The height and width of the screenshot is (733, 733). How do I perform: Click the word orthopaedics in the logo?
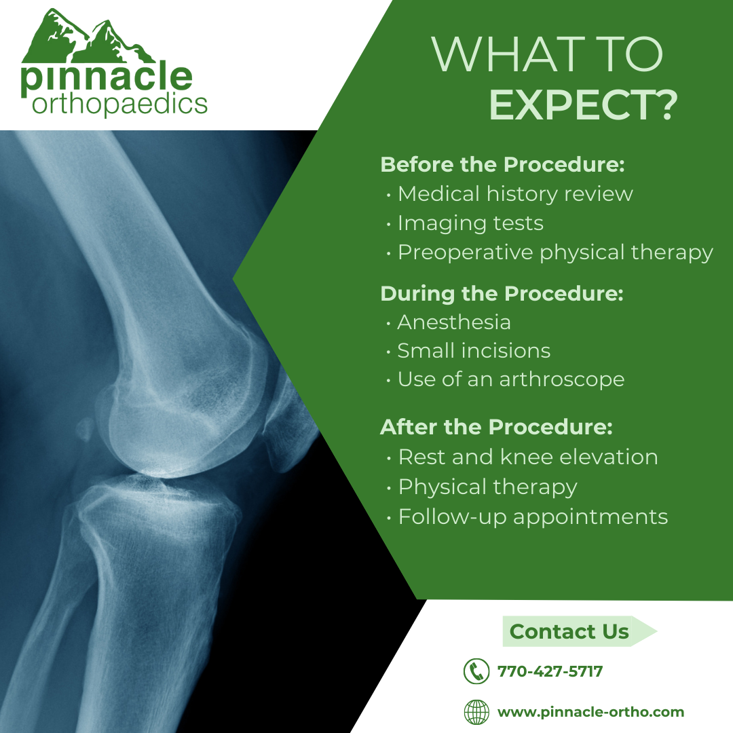(x=119, y=105)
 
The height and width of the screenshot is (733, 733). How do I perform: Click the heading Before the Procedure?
(x=502, y=164)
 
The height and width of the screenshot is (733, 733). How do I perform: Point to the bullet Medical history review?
(x=515, y=193)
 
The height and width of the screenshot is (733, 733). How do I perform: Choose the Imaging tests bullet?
(x=470, y=223)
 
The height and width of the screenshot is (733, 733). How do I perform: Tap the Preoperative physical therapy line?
(x=555, y=252)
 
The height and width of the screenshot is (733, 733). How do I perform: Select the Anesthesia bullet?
(x=454, y=322)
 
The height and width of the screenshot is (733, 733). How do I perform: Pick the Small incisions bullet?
(x=474, y=350)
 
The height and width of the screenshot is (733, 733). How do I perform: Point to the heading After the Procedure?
(x=496, y=428)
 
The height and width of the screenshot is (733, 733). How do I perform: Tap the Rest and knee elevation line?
(x=527, y=457)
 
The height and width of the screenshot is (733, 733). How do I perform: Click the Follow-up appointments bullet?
(x=533, y=516)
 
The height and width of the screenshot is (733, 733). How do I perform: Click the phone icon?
(x=476, y=672)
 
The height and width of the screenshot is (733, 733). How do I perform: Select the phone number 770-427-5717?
(x=550, y=672)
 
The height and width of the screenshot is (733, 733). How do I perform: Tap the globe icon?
(x=476, y=713)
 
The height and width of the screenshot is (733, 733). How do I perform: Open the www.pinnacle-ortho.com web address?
(x=590, y=713)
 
